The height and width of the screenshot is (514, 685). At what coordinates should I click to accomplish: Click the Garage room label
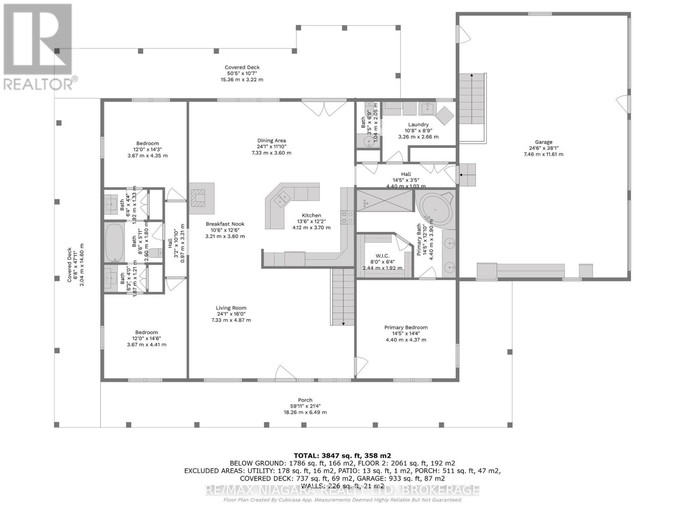point(543,142)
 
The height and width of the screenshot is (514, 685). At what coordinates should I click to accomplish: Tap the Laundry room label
point(418,125)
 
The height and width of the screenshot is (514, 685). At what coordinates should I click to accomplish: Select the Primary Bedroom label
point(406,328)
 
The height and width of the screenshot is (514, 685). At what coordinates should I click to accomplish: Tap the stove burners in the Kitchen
point(347,218)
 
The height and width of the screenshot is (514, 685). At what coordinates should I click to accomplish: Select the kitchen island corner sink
point(282,198)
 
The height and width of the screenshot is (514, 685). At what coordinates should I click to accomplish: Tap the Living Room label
point(231,308)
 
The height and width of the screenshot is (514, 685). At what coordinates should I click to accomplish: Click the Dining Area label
point(271,140)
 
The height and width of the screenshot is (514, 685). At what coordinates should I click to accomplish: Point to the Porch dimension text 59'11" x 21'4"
point(305,406)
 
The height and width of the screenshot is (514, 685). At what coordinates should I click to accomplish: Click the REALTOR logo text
point(39,83)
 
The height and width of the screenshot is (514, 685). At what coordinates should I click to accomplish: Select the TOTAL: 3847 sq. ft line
point(342,456)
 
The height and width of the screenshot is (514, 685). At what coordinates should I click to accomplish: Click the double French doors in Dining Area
point(324,107)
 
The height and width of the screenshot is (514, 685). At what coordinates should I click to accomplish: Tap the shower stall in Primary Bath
point(384,201)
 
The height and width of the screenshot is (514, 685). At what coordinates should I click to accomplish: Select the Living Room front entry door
point(286,374)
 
